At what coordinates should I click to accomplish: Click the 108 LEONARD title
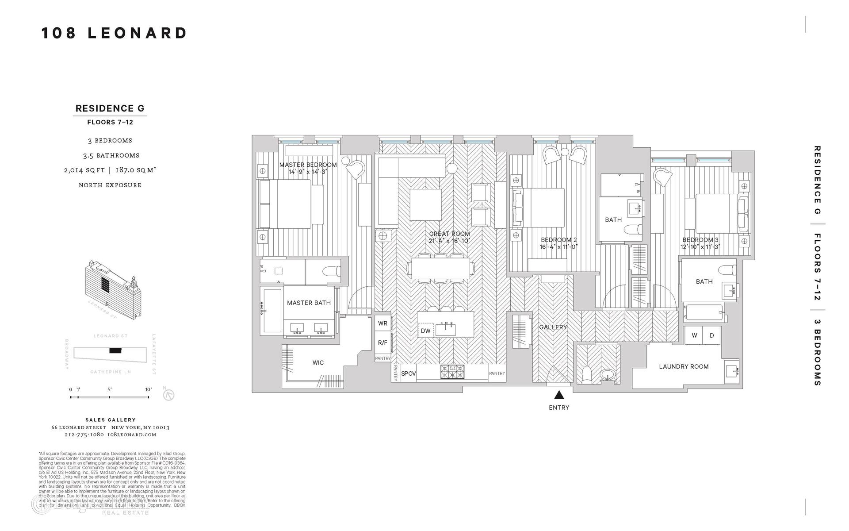click(114, 33)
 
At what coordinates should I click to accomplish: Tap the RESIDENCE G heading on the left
click(110, 108)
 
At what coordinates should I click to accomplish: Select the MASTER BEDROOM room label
click(308, 165)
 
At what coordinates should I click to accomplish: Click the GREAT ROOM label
click(449, 234)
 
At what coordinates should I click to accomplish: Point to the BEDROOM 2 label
click(559, 240)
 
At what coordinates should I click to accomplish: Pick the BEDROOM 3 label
click(700, 240)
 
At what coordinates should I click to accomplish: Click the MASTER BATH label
click(309, 303)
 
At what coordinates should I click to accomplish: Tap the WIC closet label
click(318, 363)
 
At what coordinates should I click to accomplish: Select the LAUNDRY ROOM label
click(684, 366)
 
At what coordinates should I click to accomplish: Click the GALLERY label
click(553, 327)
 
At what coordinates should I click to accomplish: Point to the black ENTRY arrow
click(559, 395)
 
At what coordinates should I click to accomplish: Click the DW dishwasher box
click(425, 331)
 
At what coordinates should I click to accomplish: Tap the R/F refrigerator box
click(382, 342)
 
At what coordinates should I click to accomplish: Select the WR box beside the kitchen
click(382, 323)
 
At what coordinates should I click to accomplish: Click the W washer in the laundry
click(694, 335)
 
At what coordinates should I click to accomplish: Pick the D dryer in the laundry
click(712, 335)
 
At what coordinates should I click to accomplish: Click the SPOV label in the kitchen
click(409, 373)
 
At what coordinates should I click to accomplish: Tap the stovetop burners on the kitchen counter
click(452, 372)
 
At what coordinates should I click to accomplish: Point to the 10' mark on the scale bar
click(149, 389)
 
